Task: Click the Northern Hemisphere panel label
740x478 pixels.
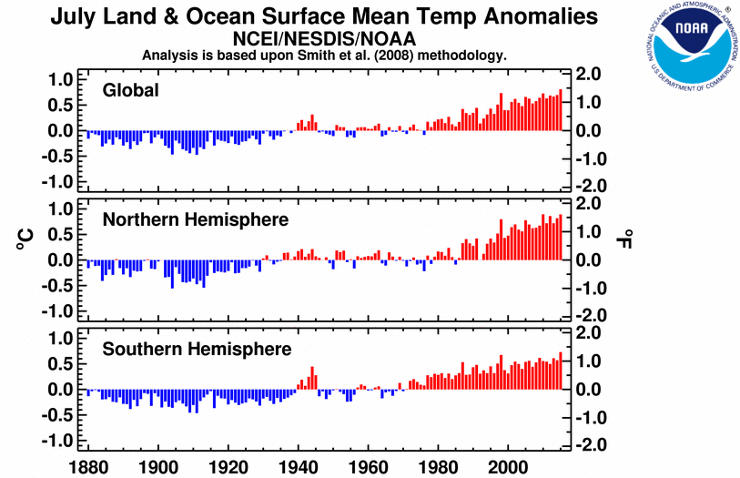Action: coord(196,219)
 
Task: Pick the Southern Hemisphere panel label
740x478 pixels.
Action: coord(197,349)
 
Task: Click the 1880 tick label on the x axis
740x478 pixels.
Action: coord(84,464)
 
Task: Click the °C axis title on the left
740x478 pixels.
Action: coord(25,239)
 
